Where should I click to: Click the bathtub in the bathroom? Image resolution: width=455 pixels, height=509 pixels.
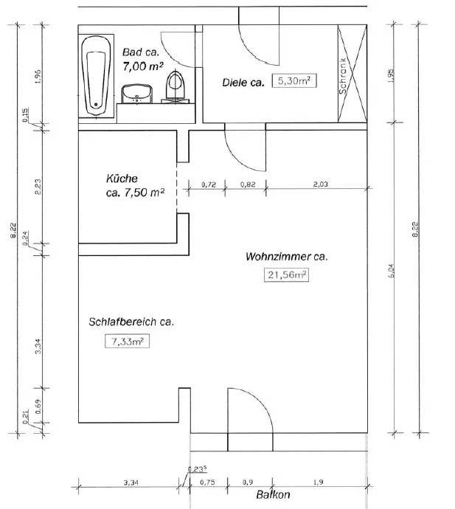[x=96, y=75]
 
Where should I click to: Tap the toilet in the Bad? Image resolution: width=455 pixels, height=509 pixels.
[x=176, y=86]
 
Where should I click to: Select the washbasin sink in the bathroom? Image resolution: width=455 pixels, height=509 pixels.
[x=137, y=94]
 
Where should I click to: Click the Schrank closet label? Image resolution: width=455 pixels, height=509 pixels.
[x=343, y=76]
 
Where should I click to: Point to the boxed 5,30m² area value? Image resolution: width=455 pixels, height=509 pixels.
[x=294, y=80]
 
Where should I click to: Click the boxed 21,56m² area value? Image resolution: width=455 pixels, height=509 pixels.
[x=287, y=274]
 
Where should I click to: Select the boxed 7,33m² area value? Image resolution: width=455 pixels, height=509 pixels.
[x=128, y=341]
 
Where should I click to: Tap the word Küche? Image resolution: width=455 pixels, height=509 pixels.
[x=122, y=179]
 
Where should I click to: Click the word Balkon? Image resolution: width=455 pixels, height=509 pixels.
[x=273, y=494]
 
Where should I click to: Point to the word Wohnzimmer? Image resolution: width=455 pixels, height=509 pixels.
[x=278, y=257]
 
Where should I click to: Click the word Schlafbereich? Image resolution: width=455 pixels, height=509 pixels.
[x=122, y=322]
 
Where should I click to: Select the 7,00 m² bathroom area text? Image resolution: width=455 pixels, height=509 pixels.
[x=143, y=66]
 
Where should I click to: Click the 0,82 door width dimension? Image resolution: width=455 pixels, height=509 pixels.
[x=248, y=184]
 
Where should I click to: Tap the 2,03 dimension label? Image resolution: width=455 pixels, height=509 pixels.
[x=320, y=184]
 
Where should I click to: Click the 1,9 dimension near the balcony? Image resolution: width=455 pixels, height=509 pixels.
[x=319, y=482]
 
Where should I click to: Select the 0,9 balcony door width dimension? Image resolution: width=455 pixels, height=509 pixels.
[x=247, y=482]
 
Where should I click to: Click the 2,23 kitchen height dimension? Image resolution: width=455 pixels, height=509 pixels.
[x=38, y=187]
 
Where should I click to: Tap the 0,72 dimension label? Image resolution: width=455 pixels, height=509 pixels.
[x=209, y=184]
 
